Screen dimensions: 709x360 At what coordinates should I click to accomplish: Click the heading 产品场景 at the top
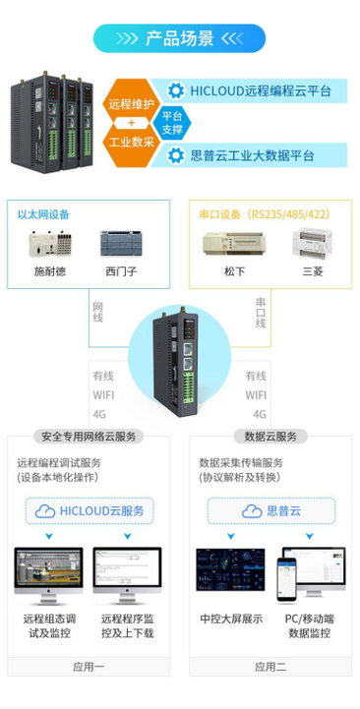coord(179,38)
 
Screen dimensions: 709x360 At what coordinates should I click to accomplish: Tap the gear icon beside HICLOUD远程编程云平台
coord(176,90)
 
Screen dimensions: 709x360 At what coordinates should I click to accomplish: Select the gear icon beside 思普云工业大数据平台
coord(176,155)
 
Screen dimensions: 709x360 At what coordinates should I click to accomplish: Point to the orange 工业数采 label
coord(132,142)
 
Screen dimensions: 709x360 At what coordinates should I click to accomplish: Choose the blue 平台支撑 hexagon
coord(172,123)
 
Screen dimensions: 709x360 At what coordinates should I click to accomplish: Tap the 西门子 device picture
coord(122,244)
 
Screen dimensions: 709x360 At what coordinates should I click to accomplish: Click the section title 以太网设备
coord(43,214)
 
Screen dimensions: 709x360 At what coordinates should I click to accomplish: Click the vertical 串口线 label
coord(261,312)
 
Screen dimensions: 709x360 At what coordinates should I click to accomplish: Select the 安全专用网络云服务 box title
coord(90,436)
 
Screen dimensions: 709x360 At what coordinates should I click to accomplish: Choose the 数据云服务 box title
coord(270,436)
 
